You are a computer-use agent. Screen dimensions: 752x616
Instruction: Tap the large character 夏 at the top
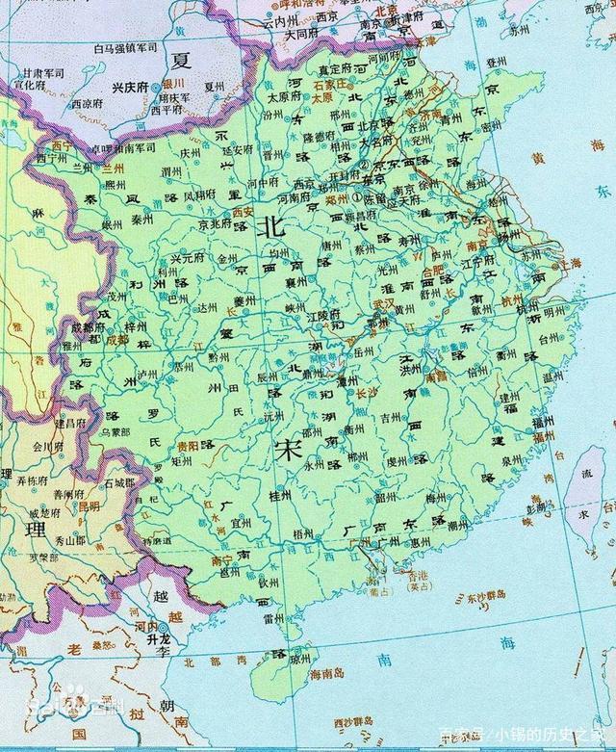coord(181,60)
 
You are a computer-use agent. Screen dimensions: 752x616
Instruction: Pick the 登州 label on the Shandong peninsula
coord(496,61)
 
